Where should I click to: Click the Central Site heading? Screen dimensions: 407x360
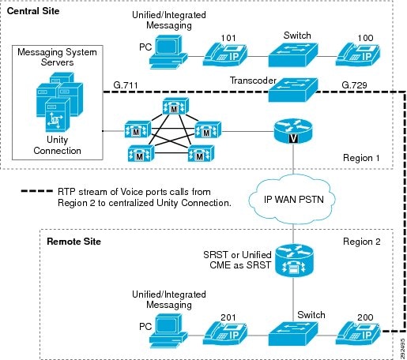click(x=33, y=11)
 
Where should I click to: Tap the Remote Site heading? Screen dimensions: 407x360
click(x=73, y=242)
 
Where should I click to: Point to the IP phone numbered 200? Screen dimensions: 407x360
click(x=357, y=334)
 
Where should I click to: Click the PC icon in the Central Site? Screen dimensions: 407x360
click(x=168, y=52)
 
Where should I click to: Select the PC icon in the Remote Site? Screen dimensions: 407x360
click(x=168, y=332)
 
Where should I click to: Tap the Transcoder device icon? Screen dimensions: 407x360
click(x=293, y=90)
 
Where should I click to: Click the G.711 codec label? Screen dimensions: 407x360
click(x=126, y=85)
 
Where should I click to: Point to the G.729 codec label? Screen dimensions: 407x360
click(x=354, y=85)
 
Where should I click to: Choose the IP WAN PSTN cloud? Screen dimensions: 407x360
click(x=292, y=200)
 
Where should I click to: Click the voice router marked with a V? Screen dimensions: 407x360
click(x=293, y=131)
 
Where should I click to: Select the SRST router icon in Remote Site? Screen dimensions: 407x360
click(x=294, y=261)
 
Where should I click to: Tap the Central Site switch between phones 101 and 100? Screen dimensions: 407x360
click(x=293, y=55)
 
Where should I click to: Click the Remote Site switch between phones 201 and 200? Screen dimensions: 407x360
click(x=293, y=334)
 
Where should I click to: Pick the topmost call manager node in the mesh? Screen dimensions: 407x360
click(x=175, y=106)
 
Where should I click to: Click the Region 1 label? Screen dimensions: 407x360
click(x=361, y=158)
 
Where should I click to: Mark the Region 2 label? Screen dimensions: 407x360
click(x=361, y=242)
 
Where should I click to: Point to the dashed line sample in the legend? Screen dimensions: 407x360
click(x=37, y=191)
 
